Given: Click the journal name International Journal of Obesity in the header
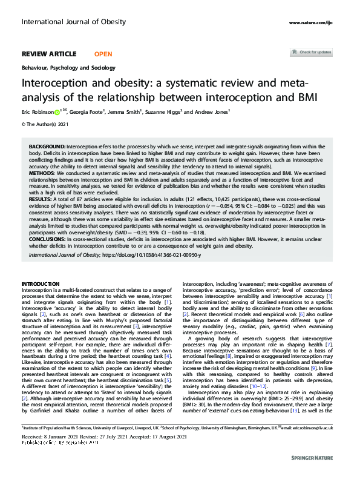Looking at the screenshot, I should pyautogui.click(x=73, y=22).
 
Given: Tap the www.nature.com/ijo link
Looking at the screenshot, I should pyautogui.click(x=311, y=22).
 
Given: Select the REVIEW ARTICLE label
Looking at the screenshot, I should pyautogui.click(x=49, y=53).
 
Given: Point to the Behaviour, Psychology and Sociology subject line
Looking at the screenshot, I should pyautogui.click(x=68, y=68).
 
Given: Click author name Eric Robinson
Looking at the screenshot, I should pyautogui.click(x=36, y=112).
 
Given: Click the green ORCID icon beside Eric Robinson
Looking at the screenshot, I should pyautogui.click(x=57, y=112).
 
